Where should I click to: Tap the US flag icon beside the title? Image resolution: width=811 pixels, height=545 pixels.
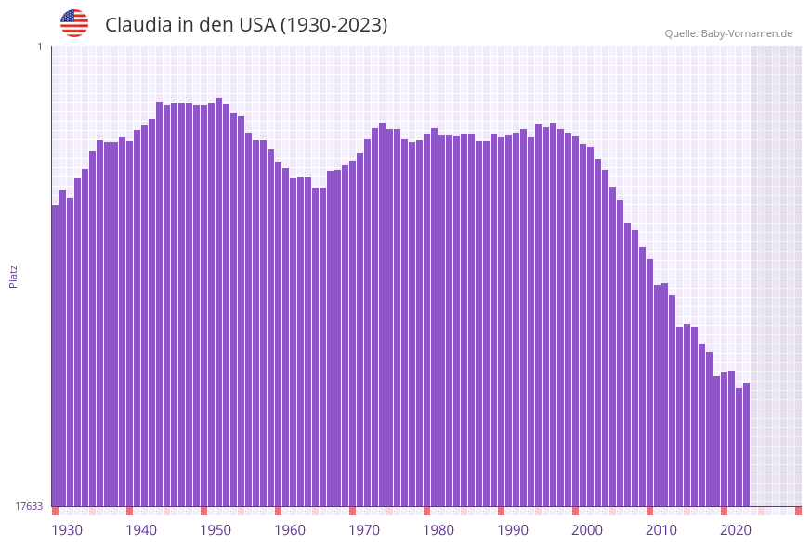tap(74, 23)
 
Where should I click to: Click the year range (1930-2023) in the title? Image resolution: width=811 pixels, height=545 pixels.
tap(334, 25)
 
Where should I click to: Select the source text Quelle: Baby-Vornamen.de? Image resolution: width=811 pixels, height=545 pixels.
tap(728, 33)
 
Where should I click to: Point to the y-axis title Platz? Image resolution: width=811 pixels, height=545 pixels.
tap(13, 276)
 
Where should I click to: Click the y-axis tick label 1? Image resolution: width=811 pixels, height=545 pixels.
tap(40, 46)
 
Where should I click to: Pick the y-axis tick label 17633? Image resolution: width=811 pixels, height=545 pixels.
tap(29, 506)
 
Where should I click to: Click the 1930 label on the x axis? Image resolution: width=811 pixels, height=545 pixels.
tap(67, 530)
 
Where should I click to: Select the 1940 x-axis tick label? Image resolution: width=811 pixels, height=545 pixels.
tap(141, 530)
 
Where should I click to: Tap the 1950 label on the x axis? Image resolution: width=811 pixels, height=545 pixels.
tap(216, 530)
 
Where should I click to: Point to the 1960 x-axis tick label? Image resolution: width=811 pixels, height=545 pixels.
tap(290, 530)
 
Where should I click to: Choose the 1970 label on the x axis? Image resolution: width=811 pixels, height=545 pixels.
tap(364, 530)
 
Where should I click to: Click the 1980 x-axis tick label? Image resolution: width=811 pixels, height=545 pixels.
tap(438, 530)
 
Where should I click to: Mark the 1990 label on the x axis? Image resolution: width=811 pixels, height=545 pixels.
tap(513, 530)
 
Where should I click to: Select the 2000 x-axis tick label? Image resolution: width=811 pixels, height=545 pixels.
tap(587, 530)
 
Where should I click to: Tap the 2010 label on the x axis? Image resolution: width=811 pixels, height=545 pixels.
tap(661, 530)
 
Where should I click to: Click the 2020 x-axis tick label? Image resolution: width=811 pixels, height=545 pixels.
tap(736, 530)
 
